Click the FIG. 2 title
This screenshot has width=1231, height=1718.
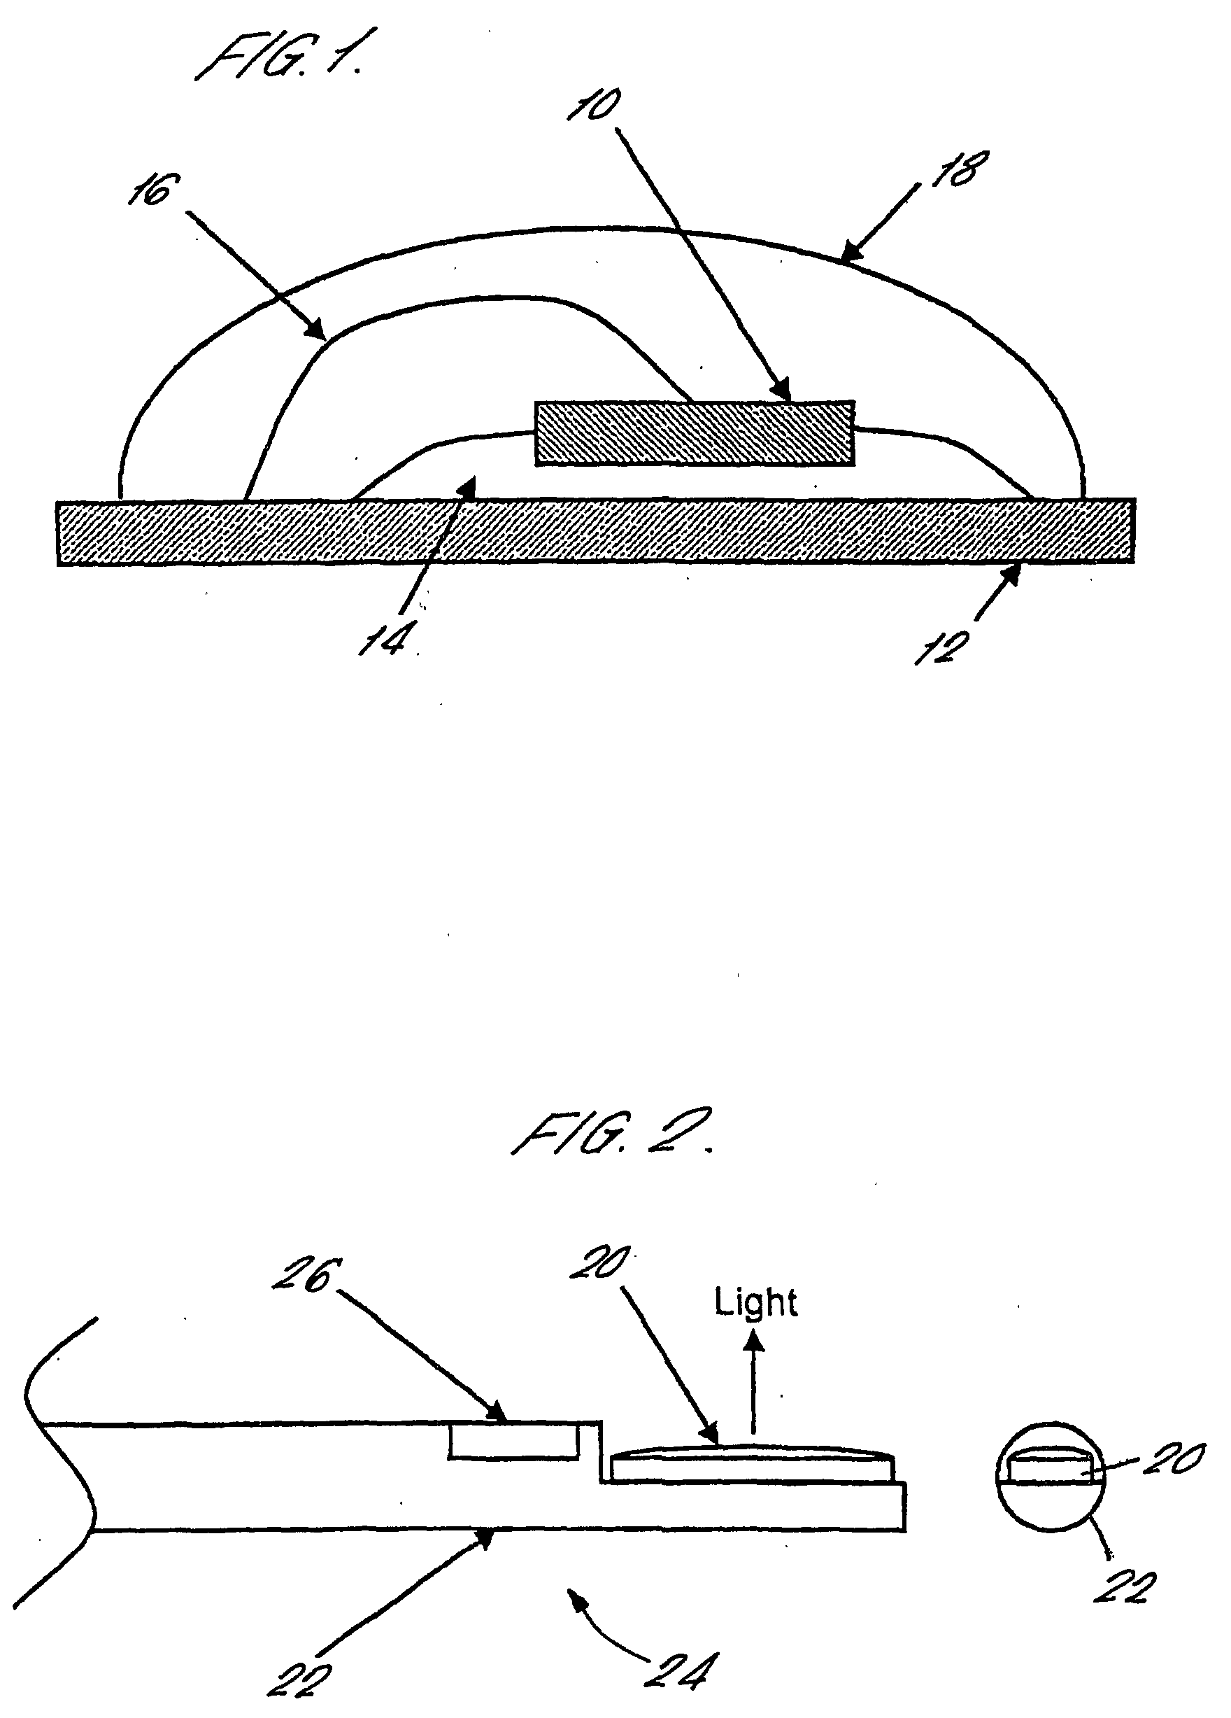click(x=610, y=1136)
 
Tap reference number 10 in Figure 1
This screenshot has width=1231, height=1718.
click(x=595, y=104)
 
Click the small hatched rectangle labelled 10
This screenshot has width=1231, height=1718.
click(x=695, y=432)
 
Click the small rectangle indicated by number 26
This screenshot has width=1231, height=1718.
click(x=514, y=1442)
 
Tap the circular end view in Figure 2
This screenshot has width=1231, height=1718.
click(x=1049, y=1477)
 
